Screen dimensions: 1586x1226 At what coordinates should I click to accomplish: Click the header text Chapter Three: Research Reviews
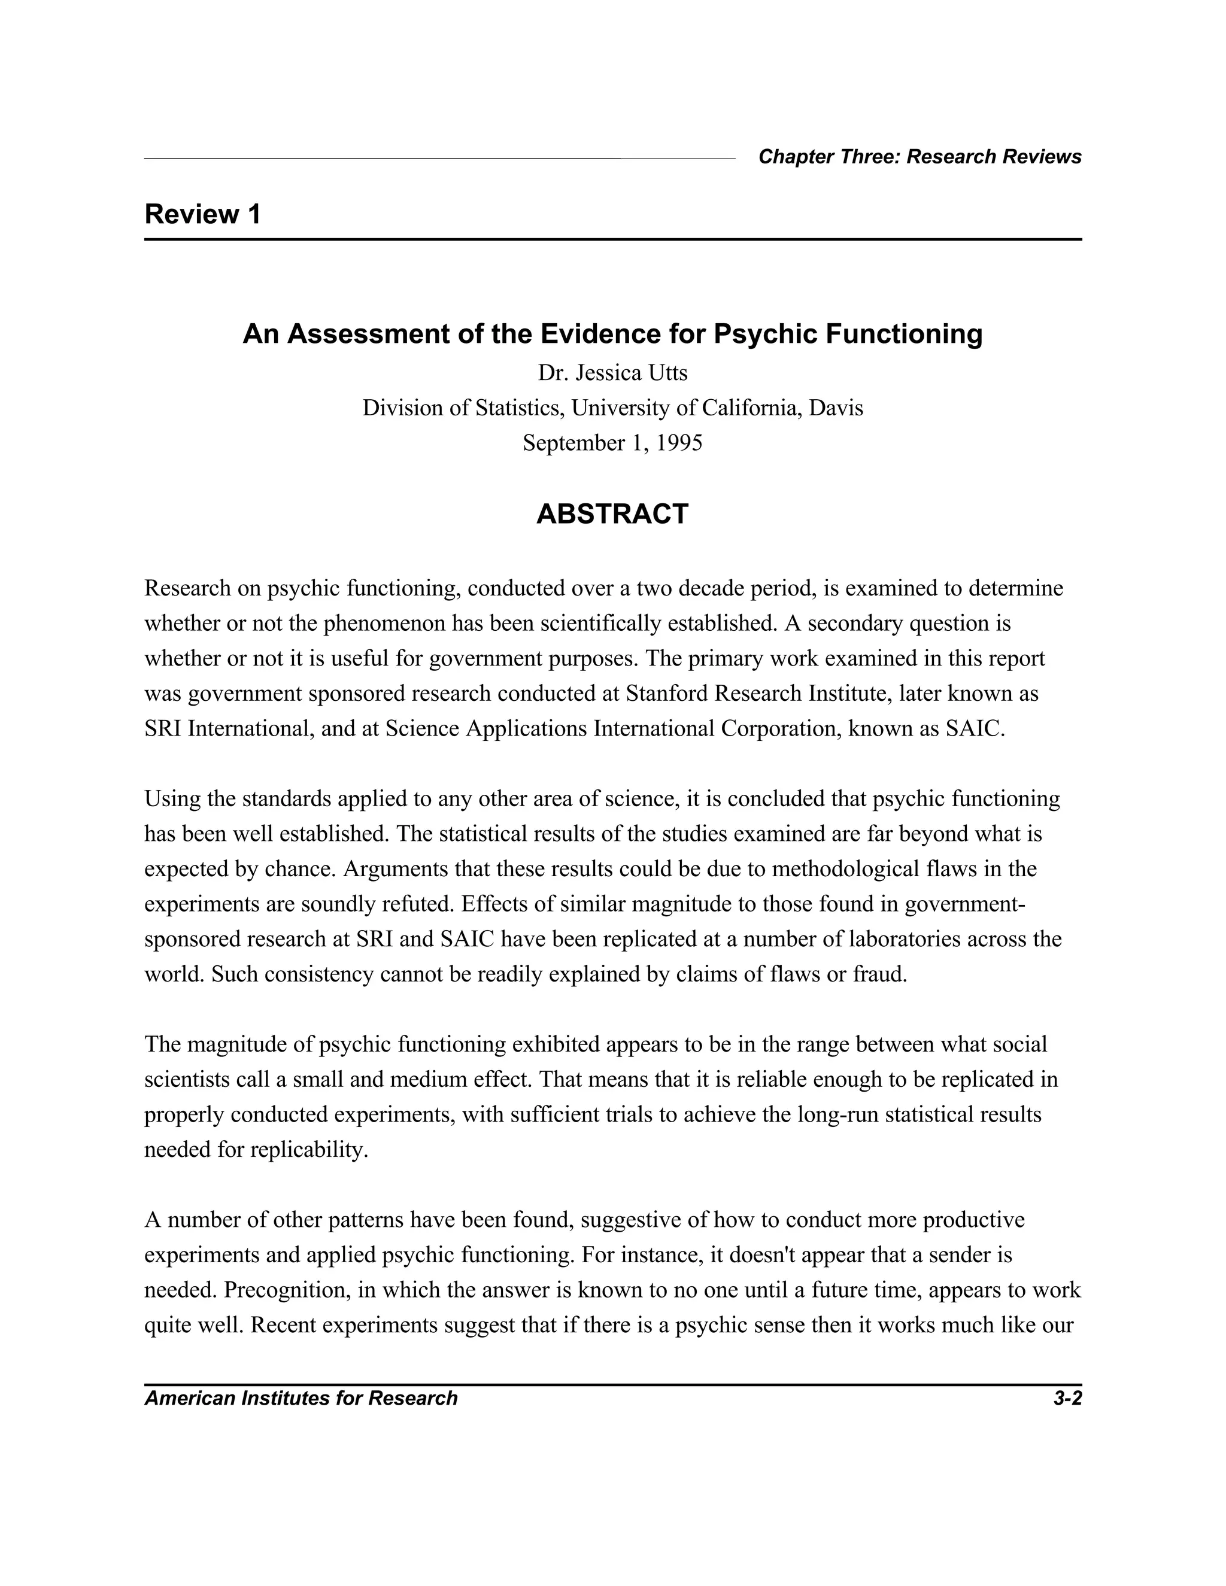[x=919, y=157]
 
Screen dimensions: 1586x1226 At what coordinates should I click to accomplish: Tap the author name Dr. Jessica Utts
[x=612, y=373]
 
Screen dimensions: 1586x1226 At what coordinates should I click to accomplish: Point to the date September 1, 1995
[x=612, y=443]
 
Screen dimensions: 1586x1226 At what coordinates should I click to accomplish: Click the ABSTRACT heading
[x=612, y=514]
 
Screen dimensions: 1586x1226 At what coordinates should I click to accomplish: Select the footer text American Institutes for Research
[x=301, y=1399]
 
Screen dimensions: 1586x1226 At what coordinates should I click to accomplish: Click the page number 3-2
[x=1067, y=1399]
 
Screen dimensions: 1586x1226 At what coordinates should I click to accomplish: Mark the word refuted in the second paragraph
[x=420, y=904]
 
